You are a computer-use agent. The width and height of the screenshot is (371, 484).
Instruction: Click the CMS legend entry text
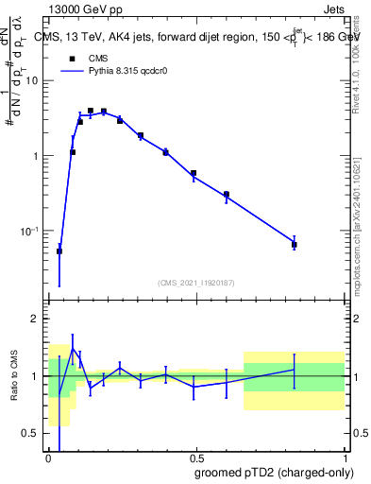(x=98, y=58)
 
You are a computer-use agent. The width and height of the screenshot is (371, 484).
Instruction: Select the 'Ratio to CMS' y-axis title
(x=14, y=376)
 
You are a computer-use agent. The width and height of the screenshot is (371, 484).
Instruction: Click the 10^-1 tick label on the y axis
(x=30, y=232)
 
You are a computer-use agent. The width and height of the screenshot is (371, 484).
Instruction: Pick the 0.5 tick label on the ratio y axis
(x=30, y=433)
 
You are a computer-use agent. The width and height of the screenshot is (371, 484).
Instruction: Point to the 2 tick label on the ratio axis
(x=35, y=320)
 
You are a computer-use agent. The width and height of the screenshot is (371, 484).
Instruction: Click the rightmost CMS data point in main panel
(x=295, y=245)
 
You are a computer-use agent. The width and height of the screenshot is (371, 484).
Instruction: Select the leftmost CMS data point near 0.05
(x=59, y=251)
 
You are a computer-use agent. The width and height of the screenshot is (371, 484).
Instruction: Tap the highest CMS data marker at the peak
(x=91, y=111)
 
